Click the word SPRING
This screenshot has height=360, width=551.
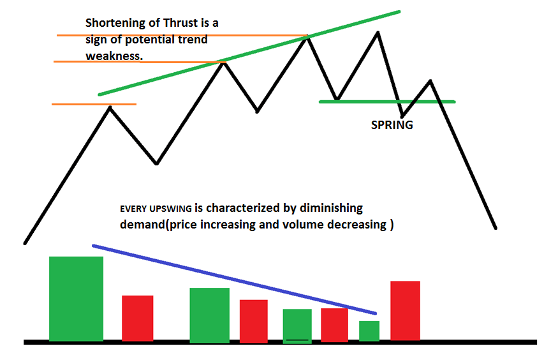(x=392, y=125)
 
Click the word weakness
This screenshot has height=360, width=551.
(x=114, y=56)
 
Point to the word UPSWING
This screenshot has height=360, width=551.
(x=170, y=209)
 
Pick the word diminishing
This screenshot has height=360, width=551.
(x=331, y=209)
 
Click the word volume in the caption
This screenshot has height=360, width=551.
(x=302, y=224)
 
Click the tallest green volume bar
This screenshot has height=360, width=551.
(x=77, y=299)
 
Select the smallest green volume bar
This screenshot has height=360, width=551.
(x=369, y=331)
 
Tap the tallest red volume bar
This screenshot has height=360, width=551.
(x=405, y=311)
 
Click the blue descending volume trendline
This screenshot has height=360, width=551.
(x=235, y=280)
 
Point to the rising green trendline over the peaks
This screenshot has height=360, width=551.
(x=249, y=53)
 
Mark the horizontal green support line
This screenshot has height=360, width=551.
(x=387, y=102)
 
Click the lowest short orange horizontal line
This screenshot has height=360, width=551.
(x=94, y=105)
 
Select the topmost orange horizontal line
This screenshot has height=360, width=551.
(x=182, y=36)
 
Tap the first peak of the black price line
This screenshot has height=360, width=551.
(x=110, y=107)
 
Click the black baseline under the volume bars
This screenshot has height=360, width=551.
(x=280, y=342)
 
